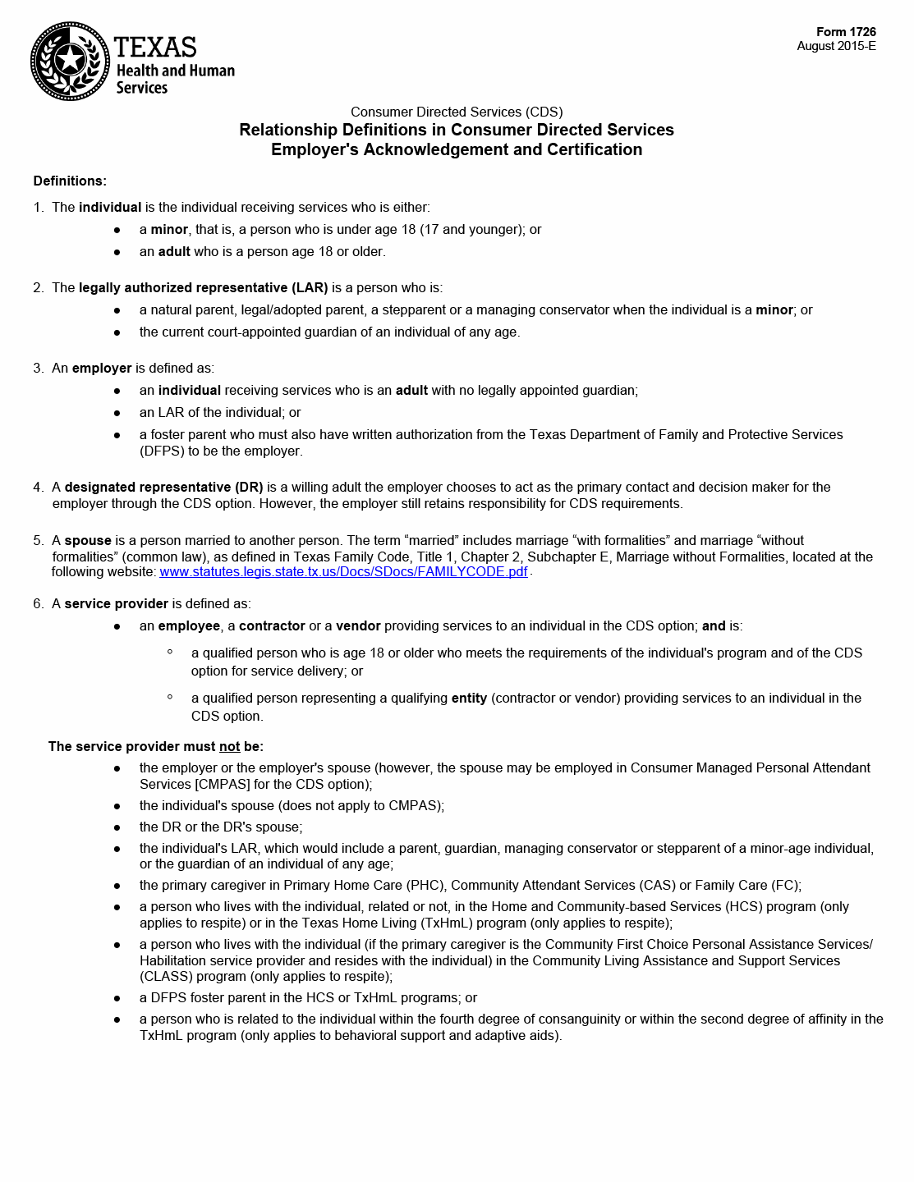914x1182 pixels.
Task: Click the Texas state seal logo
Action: (70, 62)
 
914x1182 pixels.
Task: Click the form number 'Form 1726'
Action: (846, 32)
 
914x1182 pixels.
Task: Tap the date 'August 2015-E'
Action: (836, 46)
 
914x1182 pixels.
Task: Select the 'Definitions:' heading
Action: (70, 181)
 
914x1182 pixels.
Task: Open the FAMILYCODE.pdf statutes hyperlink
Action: (343, 571)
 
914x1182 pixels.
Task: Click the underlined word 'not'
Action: (229, 746)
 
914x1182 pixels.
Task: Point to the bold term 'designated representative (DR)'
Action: (163, 487)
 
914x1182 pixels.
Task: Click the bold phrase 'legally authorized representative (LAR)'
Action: (203, 287)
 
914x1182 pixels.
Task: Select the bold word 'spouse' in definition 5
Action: (88, 540)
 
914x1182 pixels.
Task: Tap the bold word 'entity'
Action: (469, 698)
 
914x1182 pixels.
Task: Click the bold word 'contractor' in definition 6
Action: (272, 625)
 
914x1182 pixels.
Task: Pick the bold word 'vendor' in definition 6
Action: (358, 625)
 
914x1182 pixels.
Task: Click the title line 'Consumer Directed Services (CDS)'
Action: (457, 112)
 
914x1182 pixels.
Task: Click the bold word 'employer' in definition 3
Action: (102, 368)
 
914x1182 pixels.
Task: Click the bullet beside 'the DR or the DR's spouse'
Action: (117, 827)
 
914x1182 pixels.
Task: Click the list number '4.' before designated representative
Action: (39, 487)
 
